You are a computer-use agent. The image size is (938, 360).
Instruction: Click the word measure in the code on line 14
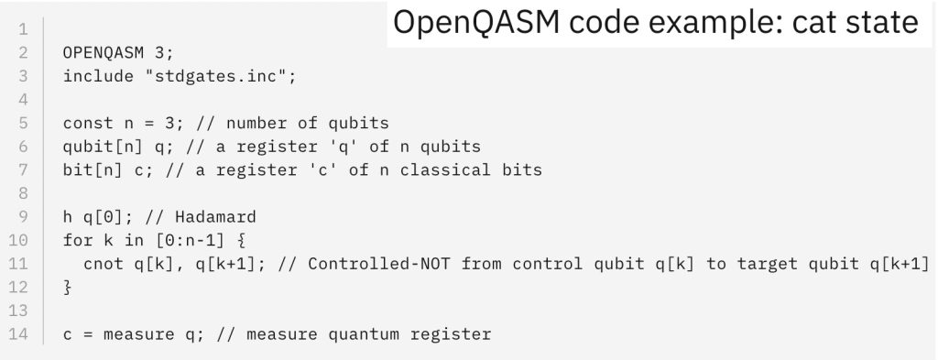tap(132, 334)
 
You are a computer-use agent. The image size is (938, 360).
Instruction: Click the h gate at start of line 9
tap(68, 217)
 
